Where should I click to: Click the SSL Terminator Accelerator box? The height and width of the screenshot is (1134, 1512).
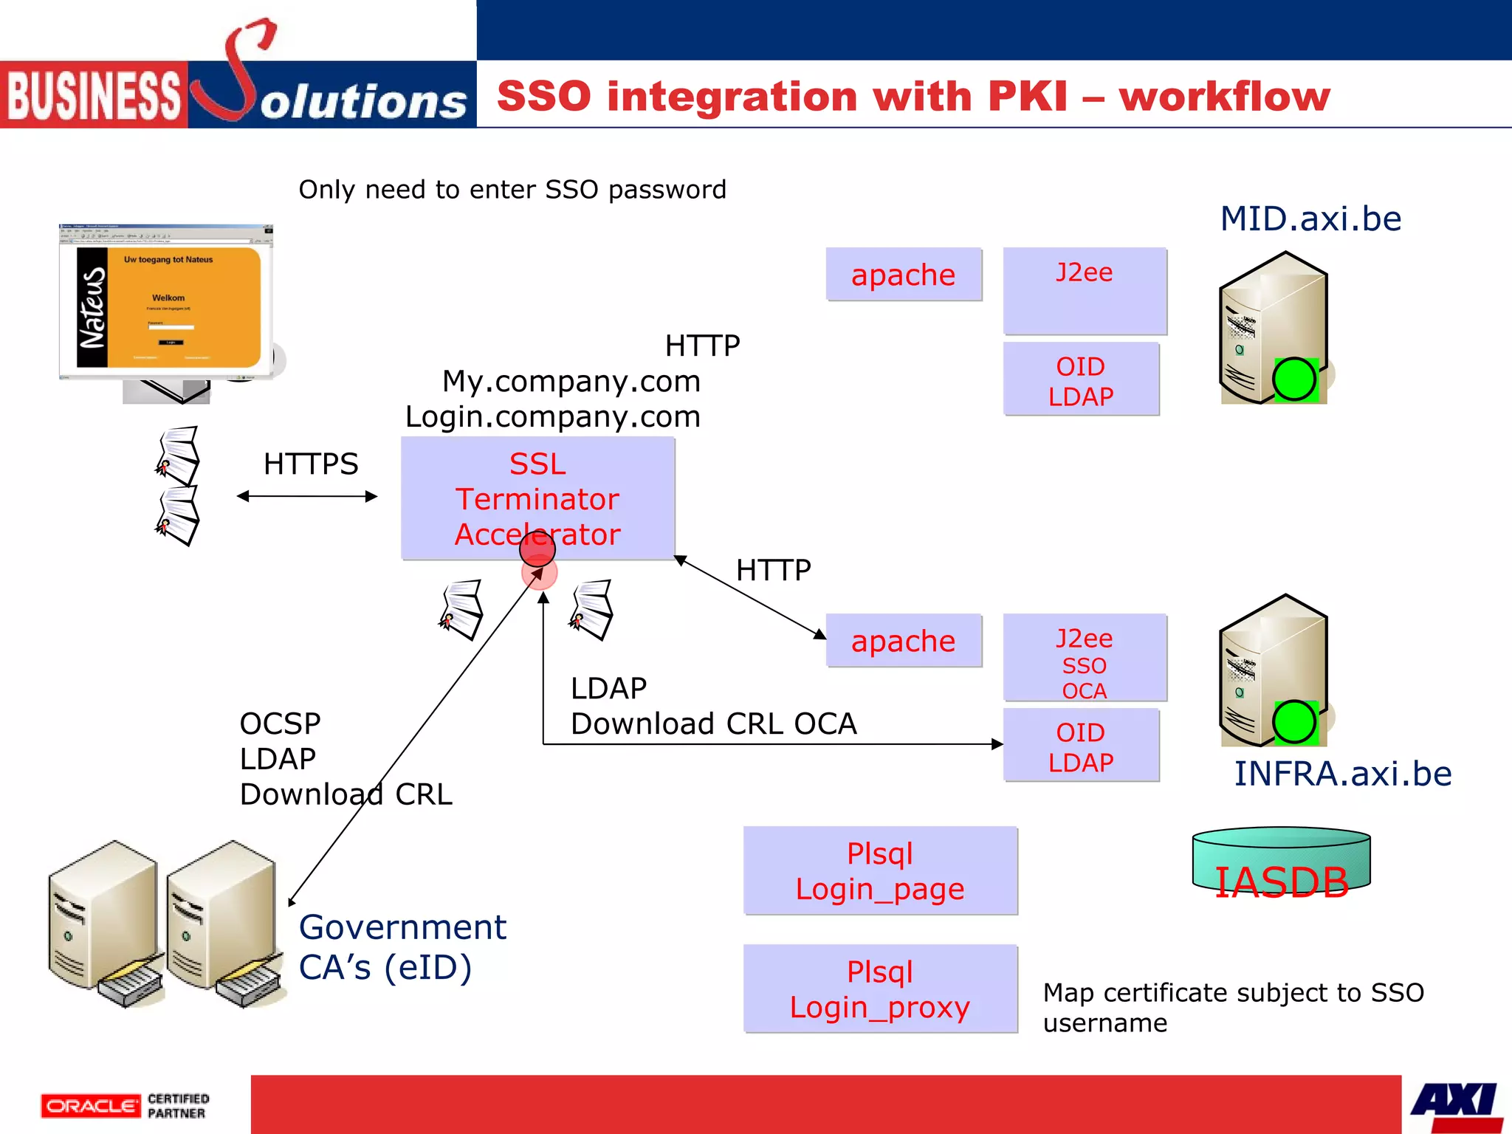click(x=537, y=487)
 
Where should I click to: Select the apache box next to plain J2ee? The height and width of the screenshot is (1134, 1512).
click(x=904, y=275)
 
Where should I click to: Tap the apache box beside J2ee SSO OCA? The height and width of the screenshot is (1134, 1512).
click(x=904, y=641)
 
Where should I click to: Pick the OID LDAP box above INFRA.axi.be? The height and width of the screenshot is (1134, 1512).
click(x=1081, y=746)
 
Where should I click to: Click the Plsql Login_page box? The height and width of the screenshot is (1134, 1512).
click(x=880, y=871)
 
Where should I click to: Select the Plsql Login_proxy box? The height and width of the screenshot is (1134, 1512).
click(x=880, y=989)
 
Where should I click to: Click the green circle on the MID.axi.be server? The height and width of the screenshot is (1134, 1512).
click(x=1294, y=379)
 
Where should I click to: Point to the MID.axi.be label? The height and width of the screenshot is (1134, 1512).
click(x=1310, y=219)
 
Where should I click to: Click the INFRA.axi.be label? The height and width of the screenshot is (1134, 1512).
click(x=1343, y=774)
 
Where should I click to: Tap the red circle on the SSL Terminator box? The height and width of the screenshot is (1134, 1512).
click(x=537, y=548)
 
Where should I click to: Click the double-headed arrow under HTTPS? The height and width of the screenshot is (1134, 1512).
click(x=307, y=496)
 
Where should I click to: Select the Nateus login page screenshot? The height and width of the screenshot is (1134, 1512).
click(x=167, y=303)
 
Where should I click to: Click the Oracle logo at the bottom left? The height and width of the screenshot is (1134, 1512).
click(x=90, y=1105)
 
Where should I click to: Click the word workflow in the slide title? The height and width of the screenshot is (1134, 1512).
click(x=1224, y=97)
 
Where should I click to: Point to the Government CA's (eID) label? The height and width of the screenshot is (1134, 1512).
click(x=402, y=947)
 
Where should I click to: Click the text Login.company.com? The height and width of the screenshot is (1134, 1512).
click(x=552, y=417)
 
